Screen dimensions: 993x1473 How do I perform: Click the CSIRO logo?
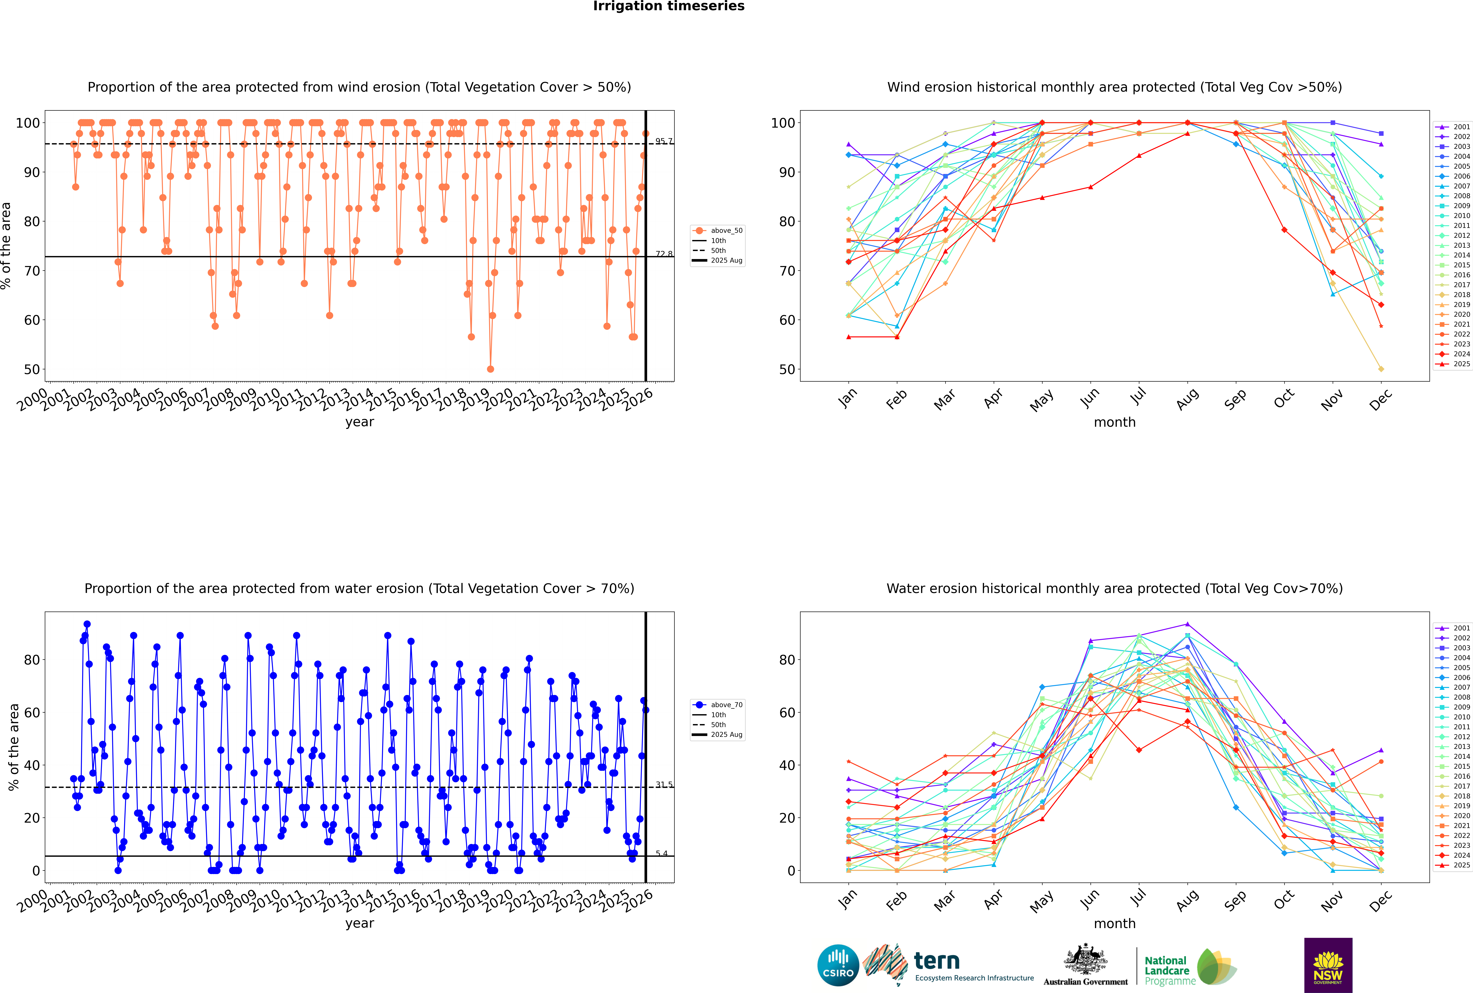pyautogui.click(x=838, y=965)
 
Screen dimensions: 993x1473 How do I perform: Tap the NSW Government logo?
pyautogui.click(x=1328, y=965)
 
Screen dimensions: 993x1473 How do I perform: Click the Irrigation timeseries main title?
pyautogui.click(x=669, y=6)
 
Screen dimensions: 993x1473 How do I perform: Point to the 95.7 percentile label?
pyautogui.click(x=664, y=141)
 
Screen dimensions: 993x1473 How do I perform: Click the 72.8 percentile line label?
pyautogui.click(x=664, y=254)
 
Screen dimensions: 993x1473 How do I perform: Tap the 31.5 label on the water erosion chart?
pyautogui.click(x=664, y=785)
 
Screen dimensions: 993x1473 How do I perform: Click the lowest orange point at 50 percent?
pyautogui.click(x=490, y=369)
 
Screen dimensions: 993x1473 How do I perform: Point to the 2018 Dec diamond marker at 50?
pyautogui.click(x=1381, y=369)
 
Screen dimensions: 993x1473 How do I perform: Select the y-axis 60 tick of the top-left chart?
pyautogui.click(x=32, y=320)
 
